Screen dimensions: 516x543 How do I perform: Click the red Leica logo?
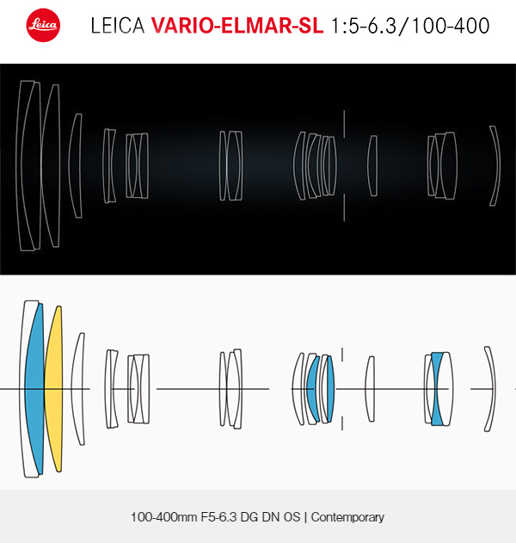coord(43,25)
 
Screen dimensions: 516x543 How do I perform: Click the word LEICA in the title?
coord(117,26)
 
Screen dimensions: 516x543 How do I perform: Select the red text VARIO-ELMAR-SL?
coord(237,26)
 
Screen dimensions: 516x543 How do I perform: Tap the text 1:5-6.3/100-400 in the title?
coord(410,26)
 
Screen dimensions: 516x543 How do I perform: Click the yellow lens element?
coord(53,389)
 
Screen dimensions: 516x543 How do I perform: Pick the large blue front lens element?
coord(34,389)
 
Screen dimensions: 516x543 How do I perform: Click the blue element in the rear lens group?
coord(437,389)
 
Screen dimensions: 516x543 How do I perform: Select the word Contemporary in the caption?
coord(347,516)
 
